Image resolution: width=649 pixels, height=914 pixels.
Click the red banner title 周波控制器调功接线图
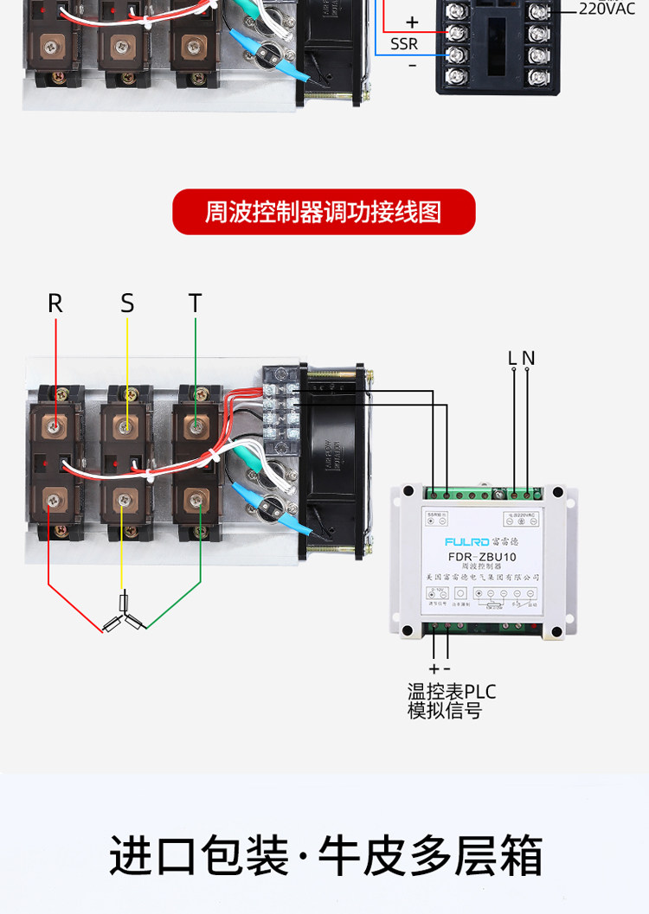click(324, 212)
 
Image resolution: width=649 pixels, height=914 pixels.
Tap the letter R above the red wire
click(55, 304)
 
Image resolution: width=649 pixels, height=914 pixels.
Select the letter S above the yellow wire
click(127, 304)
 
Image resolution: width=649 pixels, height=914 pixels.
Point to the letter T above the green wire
click(196, 304)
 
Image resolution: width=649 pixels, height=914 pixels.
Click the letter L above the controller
click(513, 358)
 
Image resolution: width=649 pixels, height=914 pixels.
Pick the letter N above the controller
click(528, 358)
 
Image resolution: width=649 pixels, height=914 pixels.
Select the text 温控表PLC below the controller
click(452, 693)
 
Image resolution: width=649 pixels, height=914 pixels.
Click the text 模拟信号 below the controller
click(444, 712)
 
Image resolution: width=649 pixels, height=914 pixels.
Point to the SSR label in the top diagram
click(403, 44)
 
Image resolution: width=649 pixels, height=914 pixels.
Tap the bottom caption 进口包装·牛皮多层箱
click(325, 856)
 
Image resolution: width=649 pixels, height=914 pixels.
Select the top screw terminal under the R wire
click(55, 425)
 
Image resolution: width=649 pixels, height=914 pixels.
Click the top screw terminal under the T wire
click(196, 425)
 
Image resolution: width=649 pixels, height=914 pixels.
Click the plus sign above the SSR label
click(412, 23)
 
